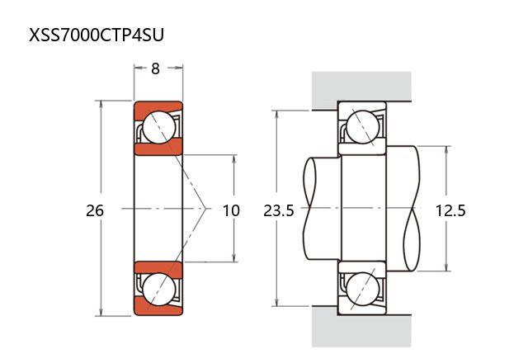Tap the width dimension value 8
pyautogui.click(x=155, y=69)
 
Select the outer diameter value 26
pyautogui.click(x=95, y=210)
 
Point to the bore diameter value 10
pyautogui.click(x=232, y=210)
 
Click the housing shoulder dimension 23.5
pyautogui.click(x=279, y=210)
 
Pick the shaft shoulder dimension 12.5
pyautogui.click(x=450, y=210)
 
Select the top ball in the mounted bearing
pyautogui.click(x=361, y=127)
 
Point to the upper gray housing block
pyautogui.click(x=361, y=89)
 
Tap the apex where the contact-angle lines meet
pyautogui.click(x=206, y=209)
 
